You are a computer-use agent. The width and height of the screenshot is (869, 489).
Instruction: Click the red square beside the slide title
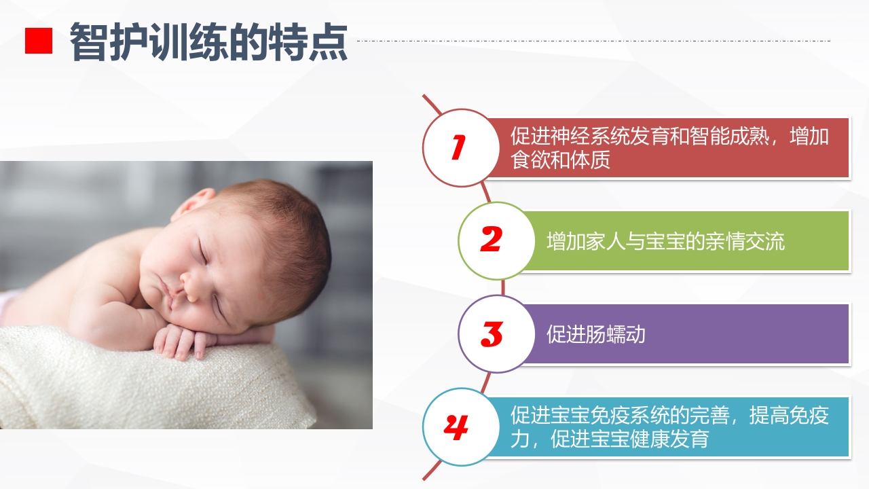(x=39, y=41)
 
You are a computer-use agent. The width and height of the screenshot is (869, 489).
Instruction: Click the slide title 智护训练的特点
(x=209, y=42)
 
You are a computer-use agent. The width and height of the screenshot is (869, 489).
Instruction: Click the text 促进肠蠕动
(x=595, y=334)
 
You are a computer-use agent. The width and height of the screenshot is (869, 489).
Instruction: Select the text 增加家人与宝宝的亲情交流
(x=665, y=241)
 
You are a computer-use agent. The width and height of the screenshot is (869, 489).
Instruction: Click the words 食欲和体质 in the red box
(x=560, y=160)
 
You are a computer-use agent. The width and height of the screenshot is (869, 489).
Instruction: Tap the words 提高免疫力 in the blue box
(x=788, y=416)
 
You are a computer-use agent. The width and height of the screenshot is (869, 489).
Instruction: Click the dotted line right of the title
(x=591, y=41)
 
